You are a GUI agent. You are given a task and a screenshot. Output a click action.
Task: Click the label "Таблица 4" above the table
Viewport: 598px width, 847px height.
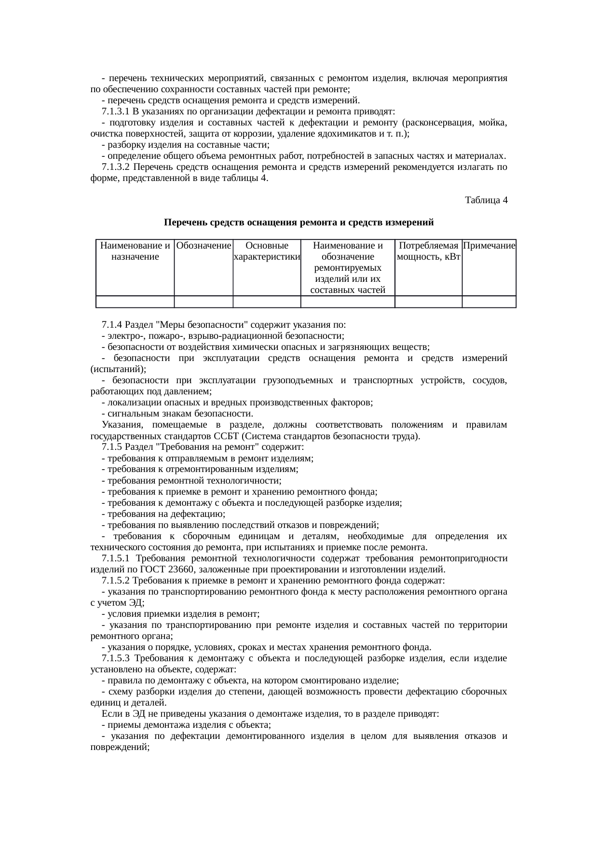(x=485, y=200)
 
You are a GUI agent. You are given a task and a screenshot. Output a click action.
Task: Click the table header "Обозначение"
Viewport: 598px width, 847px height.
(x=204, y=246)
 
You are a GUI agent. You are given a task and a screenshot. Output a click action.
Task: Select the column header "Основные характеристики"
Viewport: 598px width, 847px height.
(x=267, y=251)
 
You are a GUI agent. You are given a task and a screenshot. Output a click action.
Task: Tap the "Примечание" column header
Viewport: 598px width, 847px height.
(x=489, y=246)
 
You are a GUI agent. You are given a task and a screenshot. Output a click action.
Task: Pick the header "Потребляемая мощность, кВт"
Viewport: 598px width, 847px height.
(x=428, y=251)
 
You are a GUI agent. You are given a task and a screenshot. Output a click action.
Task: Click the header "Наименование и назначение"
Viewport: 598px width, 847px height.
(x=135, y=251)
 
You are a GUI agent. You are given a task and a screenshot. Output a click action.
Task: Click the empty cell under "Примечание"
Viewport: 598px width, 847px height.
(x=489, y=302)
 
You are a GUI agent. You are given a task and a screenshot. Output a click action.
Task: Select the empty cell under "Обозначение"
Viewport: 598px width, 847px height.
(x=204, y=302)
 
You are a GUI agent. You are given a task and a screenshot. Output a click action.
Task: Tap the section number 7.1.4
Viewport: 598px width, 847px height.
(x=112, y=324)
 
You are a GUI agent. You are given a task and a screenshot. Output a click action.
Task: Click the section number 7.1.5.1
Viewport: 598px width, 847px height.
(x=117, y=558)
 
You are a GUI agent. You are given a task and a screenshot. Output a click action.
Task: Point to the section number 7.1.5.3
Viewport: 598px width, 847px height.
(x=117, y=658)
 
